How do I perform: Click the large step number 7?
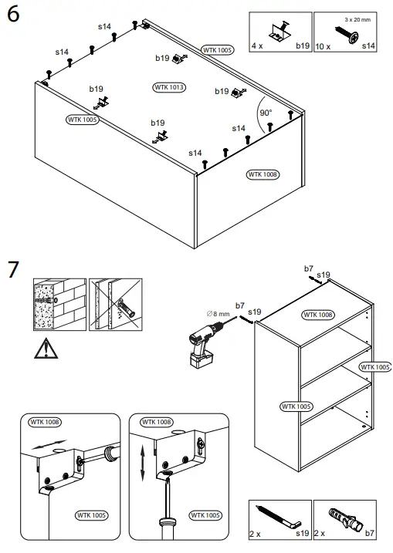point(12,270)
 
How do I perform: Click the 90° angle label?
point(266,113)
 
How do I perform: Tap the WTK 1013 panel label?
point(169,87)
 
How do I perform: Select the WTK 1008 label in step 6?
point(263,175)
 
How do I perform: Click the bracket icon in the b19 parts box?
point(280,32)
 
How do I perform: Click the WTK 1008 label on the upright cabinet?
point(318,315)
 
